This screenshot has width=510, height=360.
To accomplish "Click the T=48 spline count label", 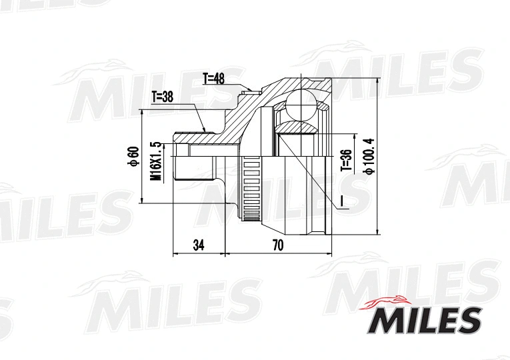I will point(214,79).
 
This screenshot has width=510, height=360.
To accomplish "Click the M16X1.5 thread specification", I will point(156,162).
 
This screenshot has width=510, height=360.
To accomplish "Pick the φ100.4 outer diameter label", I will point(367,155).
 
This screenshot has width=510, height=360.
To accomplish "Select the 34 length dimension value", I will point(198,245).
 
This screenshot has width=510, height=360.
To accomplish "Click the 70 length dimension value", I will point(277,245).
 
